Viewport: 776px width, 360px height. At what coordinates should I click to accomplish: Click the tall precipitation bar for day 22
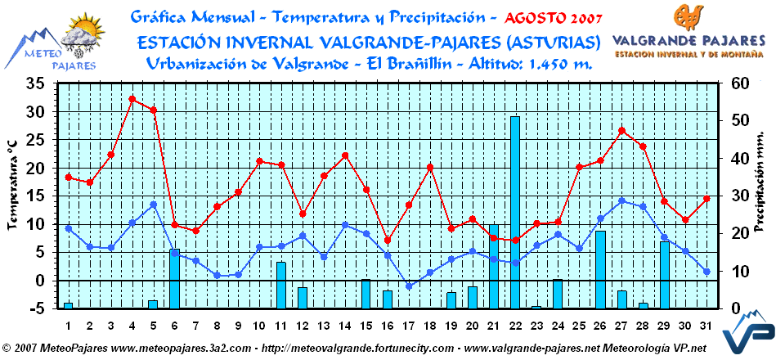click(x=515, y=212)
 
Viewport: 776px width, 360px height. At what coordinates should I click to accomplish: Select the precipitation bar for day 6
click(x=175, y=278)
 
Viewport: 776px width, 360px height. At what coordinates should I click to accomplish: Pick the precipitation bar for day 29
click(x=664, y=274)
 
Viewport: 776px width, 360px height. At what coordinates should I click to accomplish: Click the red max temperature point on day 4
click(x=132, y=99)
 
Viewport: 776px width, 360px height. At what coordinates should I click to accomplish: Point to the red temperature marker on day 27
click(x=621, y=131)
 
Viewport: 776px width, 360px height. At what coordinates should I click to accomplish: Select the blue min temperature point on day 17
click(x=409, y=286)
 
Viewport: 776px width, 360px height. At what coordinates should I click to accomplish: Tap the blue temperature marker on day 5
click(x=154, y=205)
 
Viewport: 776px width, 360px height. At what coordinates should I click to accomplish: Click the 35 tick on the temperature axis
click(x=35, y=83)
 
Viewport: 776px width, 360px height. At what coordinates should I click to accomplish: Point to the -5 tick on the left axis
click(x=35, y=308)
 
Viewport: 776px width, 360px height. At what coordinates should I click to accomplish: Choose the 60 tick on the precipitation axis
click(x=739, y=83)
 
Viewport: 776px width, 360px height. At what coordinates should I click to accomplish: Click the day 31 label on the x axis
click(x=706, y=325)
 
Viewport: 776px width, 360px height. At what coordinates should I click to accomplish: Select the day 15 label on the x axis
click(x=366, y=325)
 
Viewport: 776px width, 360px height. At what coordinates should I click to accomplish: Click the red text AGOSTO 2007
click(x=554, y=17)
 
